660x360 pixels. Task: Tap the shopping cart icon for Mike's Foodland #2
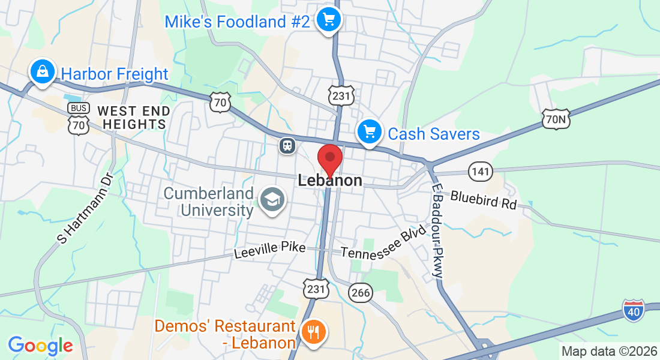point(328,20)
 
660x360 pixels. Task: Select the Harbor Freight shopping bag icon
point(43,72)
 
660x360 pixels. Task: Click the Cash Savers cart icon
point(369,131)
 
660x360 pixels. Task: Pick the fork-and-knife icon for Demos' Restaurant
point(313,331)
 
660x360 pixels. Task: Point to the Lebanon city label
point(330,181)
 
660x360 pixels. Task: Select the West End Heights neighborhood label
point(133,118)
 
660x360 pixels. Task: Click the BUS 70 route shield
point(79,118)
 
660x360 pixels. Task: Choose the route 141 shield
point(481,171)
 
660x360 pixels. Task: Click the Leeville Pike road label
point(270,250)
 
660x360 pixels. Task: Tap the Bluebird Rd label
point(483,199)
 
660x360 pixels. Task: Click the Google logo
point(40,346)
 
